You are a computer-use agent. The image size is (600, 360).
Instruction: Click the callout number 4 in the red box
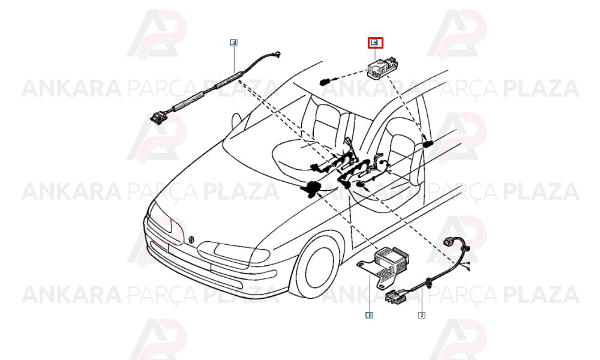(x=375, y=43)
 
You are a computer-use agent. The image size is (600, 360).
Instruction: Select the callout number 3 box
(x=233, y=43)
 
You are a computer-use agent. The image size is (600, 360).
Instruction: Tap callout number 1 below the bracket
(x=368, y=315)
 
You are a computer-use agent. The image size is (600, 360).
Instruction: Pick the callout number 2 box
(x=421, y=315)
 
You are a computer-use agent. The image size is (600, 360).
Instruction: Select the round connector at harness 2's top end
(x=448, y=242)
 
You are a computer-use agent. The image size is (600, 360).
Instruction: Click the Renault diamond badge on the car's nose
(x=191, y=239)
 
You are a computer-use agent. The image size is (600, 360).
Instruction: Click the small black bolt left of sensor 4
(x=325, y=82)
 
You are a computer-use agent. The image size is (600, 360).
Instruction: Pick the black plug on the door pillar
(x=427, y=144)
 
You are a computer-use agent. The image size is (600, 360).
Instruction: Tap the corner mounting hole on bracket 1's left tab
(x=361, y=264)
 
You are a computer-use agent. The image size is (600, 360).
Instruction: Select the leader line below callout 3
(x=234, y=59)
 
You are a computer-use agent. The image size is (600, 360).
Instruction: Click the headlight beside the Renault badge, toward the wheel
(x=238, y=253)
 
